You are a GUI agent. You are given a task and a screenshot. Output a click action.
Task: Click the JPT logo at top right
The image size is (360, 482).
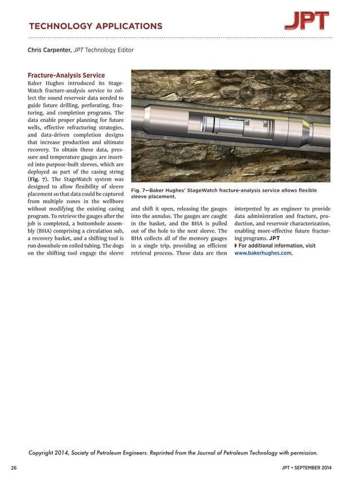tap(307, 21)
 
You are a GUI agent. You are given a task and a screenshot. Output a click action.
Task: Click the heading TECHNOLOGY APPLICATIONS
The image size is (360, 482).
tap(95, 26)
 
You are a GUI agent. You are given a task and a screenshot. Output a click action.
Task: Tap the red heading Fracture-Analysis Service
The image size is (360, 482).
tap(66, 75)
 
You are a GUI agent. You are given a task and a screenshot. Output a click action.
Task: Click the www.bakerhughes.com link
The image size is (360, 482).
tap(263, 253)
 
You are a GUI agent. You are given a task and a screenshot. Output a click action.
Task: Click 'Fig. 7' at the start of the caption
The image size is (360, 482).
tap(140, 191)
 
